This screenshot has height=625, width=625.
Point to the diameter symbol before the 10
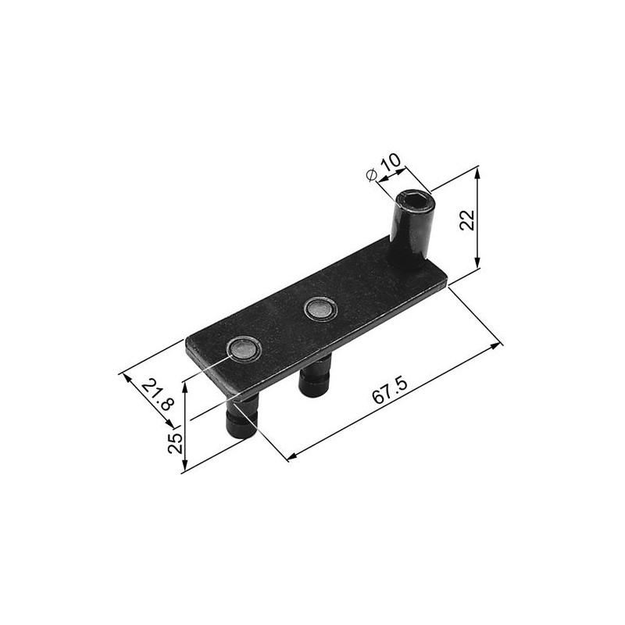tap(373, 174)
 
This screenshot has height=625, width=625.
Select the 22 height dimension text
tap(467, 220)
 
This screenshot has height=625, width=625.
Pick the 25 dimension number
tap(176, 442)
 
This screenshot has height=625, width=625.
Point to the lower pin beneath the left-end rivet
tap(242, 417)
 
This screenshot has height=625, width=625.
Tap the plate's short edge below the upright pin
tap(441, 286)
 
